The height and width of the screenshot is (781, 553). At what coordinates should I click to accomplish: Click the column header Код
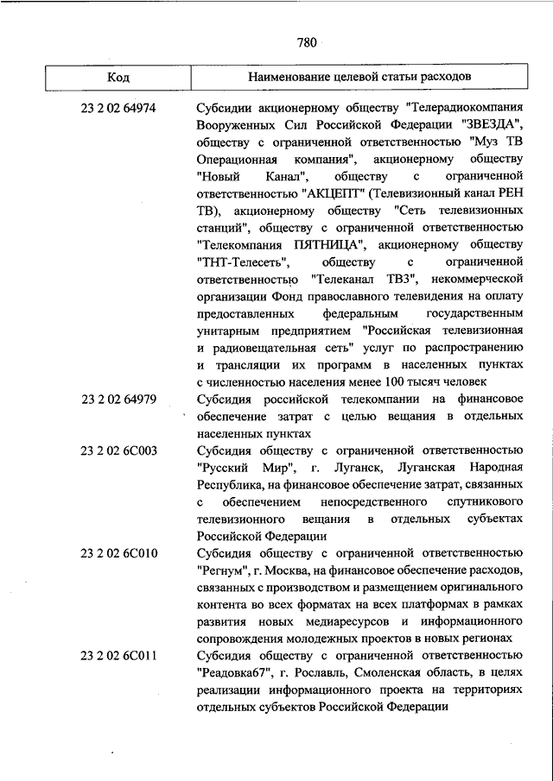click(118, 77)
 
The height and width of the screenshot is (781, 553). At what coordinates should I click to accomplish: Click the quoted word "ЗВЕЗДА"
click(488, 127)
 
